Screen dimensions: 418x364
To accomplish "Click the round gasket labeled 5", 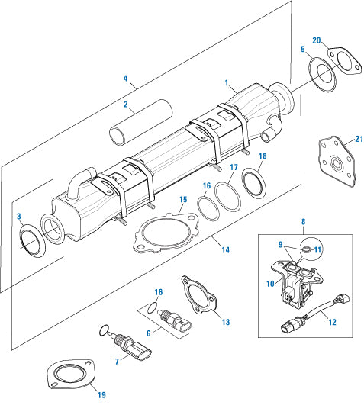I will [x=321, y=76].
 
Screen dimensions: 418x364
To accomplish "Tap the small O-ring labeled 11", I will [x=304, y=249].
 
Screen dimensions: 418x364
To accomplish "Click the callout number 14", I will [x=225, y=249].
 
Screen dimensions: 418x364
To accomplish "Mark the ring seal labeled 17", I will [x=226, y=193].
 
